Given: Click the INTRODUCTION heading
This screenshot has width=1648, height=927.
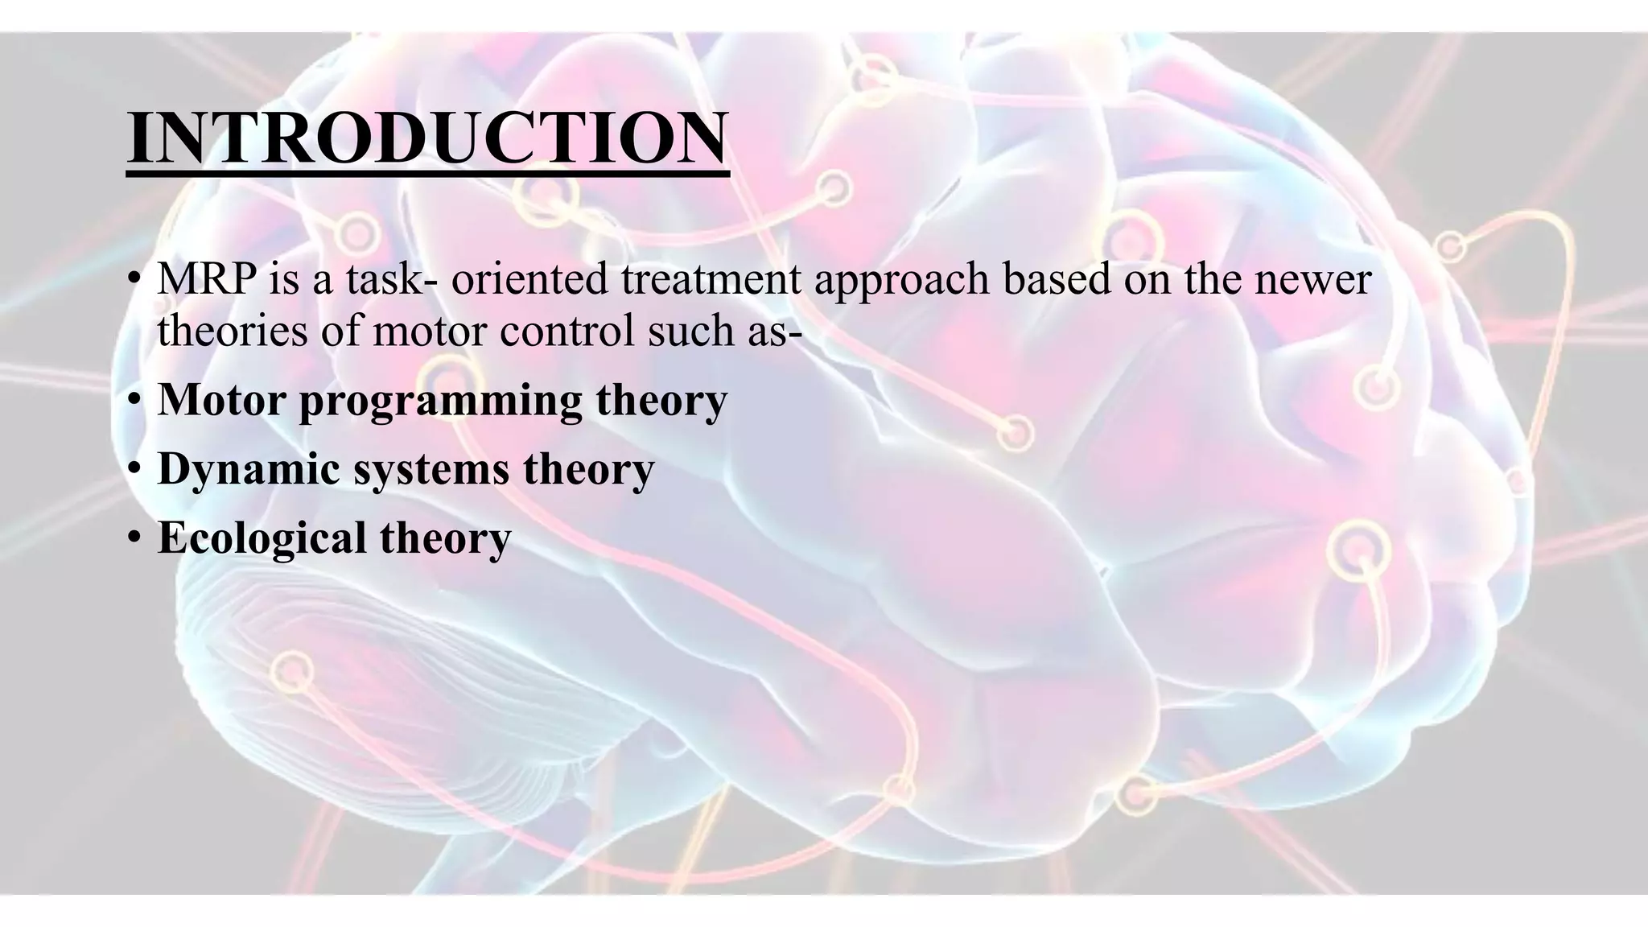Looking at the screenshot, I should tap(427, 138).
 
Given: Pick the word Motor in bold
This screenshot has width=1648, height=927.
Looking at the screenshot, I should tap(221, 399).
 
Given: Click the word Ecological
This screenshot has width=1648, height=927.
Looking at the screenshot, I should tap(261, 538).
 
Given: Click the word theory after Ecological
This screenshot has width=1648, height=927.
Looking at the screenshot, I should tap(445, 538).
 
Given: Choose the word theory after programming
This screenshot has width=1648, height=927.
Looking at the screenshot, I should tap(661, 400).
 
